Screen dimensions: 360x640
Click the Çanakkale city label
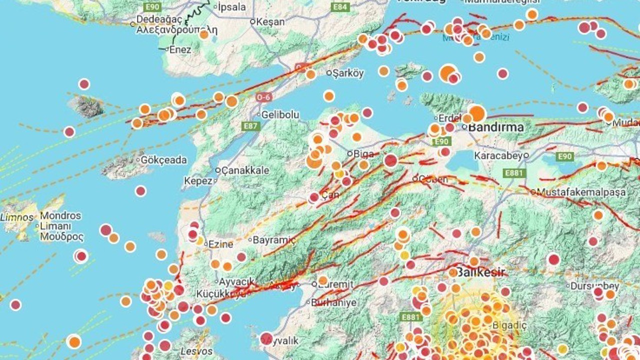245,170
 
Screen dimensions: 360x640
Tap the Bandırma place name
495,127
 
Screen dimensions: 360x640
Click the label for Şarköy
348,73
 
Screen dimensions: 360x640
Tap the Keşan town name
270,22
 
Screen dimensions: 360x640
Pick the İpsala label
233,7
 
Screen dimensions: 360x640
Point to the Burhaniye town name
334,302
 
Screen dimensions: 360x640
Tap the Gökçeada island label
163,160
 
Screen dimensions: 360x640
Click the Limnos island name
17,217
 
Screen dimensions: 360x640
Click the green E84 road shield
340,7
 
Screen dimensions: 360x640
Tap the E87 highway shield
251,126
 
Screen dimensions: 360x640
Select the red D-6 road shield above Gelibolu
263,97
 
